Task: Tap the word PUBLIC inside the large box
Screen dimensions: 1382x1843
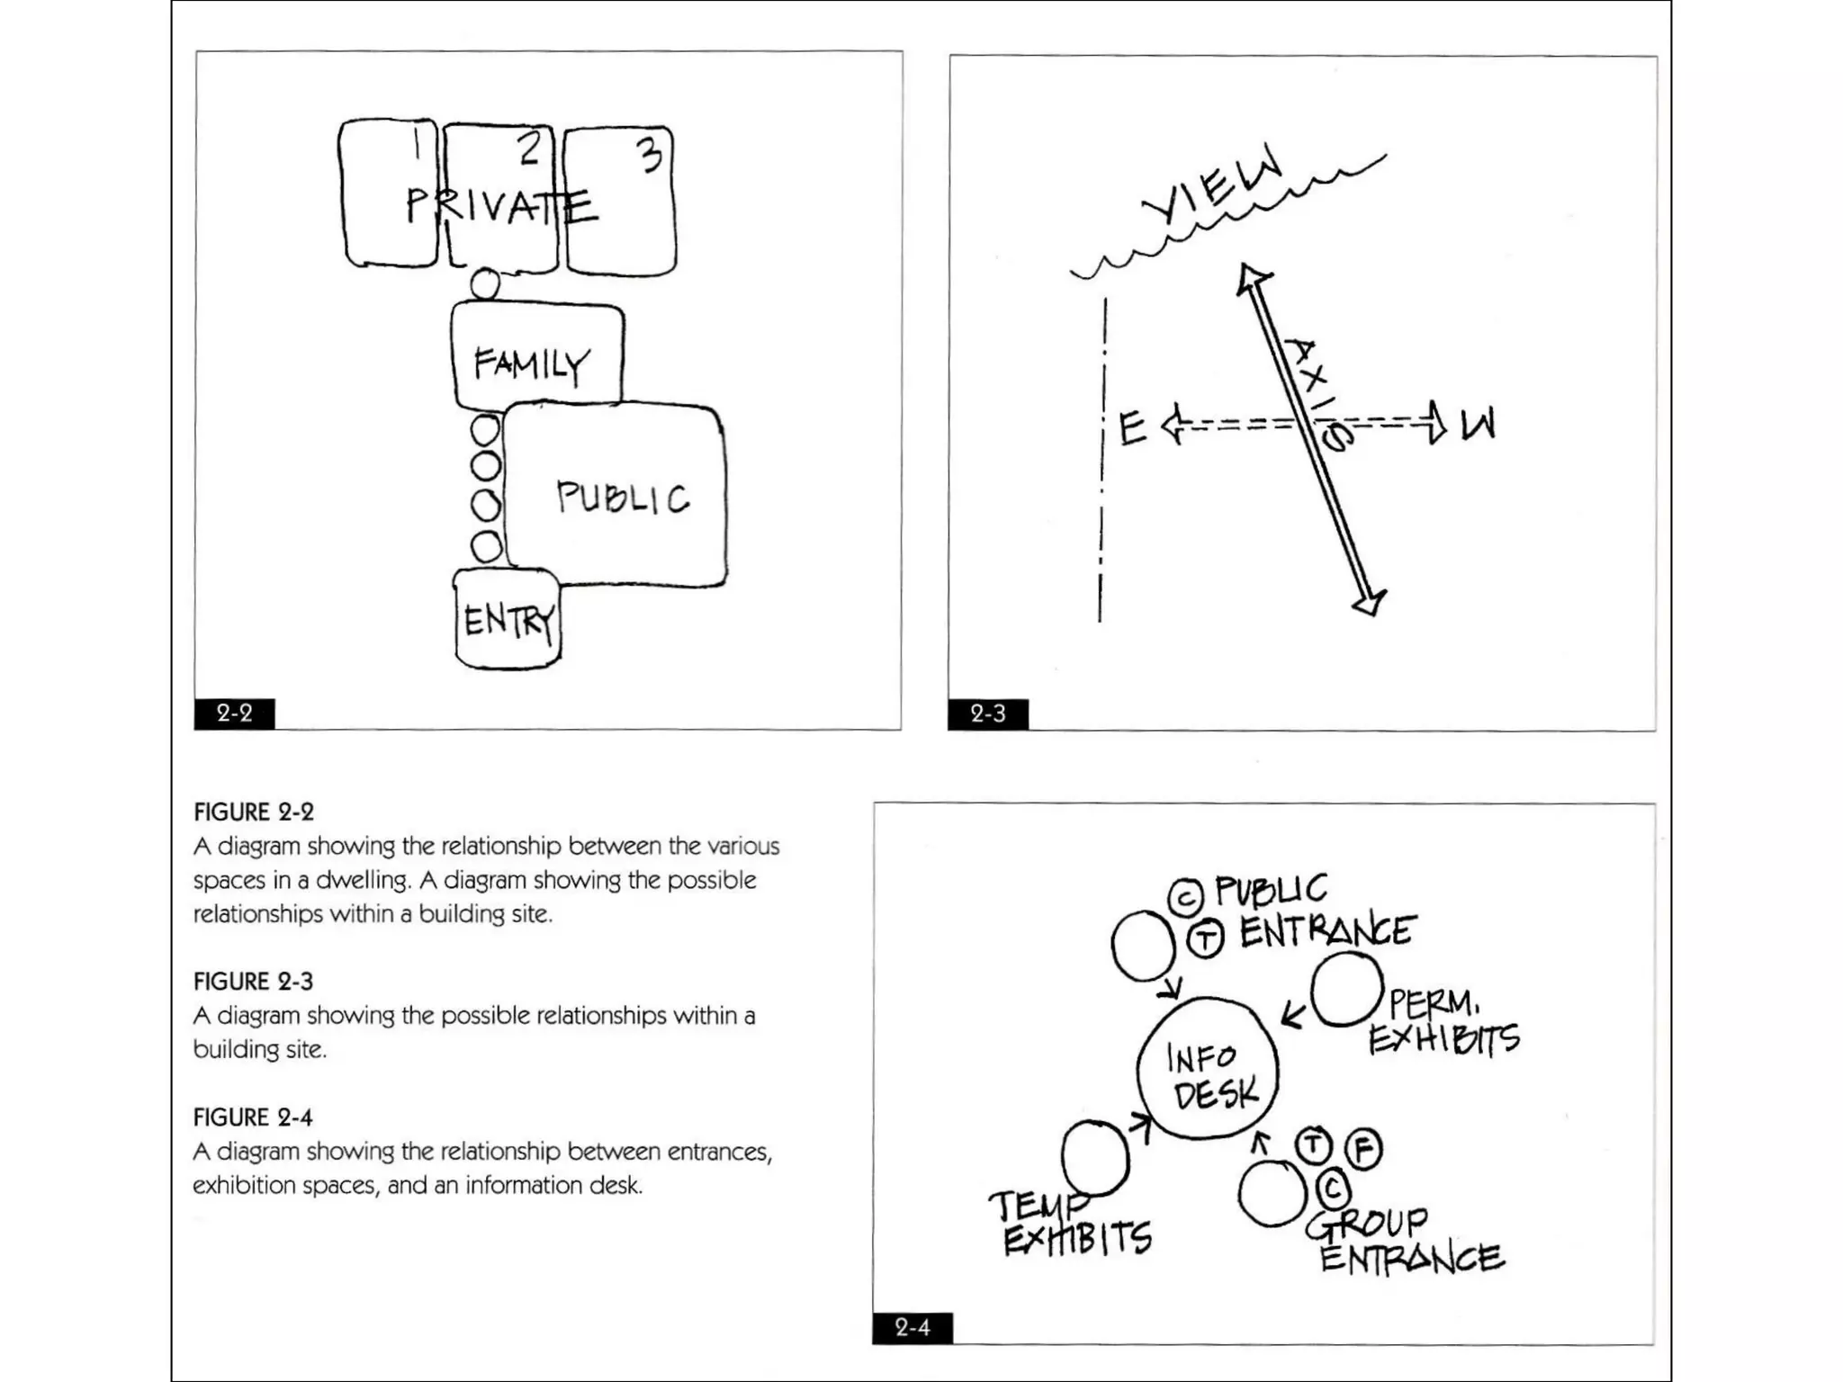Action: [623, 497]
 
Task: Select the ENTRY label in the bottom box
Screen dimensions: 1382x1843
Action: [508, 621]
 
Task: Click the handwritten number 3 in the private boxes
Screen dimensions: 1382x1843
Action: [650, 154]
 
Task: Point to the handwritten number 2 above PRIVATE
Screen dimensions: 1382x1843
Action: [529, 148]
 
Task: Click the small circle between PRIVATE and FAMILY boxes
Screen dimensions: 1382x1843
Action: [485, 283]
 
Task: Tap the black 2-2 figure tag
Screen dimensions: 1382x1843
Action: [235, 713]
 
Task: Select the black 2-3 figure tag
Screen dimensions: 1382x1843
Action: [988, 714]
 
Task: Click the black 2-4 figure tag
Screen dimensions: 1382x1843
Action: [913, 1327]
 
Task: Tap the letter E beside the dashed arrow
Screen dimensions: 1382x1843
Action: [1132, 428]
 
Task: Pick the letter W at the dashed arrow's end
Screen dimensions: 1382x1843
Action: [1477, 425]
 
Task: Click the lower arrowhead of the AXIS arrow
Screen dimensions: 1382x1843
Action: [1370, 601]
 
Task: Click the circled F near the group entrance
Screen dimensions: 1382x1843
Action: [1363, 1149]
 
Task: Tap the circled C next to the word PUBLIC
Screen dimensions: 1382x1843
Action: [1185, 897]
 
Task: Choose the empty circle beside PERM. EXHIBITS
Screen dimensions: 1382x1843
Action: [1345, 990]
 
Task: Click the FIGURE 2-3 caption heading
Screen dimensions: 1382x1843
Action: [254, 982]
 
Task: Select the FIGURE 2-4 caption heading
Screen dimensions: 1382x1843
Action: [253, 1117]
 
